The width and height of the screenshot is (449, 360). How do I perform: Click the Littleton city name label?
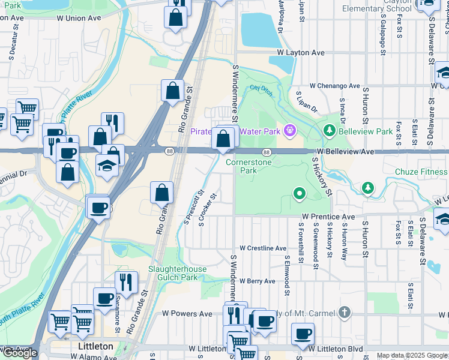click(95, 347)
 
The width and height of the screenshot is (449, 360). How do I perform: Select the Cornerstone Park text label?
click(249, 166)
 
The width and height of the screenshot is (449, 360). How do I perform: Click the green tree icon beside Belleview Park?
click(329, 130)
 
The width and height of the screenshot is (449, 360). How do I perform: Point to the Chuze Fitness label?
click(421, 172)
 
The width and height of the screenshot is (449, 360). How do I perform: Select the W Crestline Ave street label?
click(263, 248)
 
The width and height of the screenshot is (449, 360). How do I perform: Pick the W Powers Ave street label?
click(187, 314)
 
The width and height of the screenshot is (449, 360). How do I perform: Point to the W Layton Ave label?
click(301, 53)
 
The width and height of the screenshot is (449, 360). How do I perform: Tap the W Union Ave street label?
click(79, 18)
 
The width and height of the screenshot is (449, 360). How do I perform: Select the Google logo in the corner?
click(20, 353)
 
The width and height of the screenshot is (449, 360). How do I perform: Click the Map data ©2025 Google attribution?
click(412, 356)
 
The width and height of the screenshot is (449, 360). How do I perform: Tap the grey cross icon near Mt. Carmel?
click(343, 312)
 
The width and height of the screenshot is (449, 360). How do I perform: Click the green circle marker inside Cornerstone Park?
click(299, 193)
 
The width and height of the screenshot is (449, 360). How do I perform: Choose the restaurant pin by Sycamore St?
click(126, 282)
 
